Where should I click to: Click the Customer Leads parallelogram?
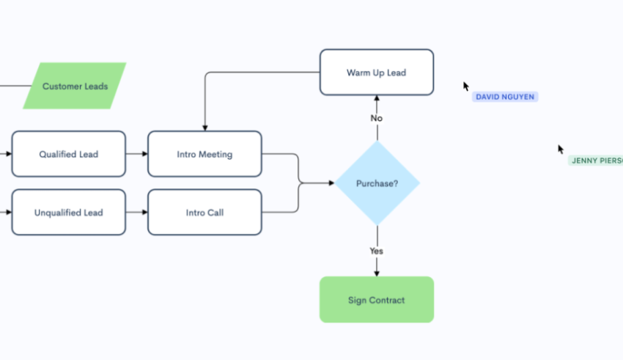point(75,86)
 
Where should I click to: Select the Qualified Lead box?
point(68,154)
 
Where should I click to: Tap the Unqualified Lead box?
point(68,213)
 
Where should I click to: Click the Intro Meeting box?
point(204,154)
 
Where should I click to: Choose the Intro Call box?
point(204,213)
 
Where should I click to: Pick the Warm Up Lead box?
point(376,72)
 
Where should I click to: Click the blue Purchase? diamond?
point(377,183)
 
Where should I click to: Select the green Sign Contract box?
point(376,299)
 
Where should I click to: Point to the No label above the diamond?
point(377,118)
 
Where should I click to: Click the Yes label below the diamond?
point(377,251)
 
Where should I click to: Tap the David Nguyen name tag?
point(505,97)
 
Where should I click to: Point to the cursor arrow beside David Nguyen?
point(466,86)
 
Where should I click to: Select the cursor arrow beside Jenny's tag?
point(561,149)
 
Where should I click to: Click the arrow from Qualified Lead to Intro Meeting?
point(136,154)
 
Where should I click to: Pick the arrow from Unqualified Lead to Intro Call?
point(136,213)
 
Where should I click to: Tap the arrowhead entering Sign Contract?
point(377,273)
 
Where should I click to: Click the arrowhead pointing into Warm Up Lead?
point(377,98)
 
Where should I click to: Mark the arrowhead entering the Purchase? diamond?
point(331,183)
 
